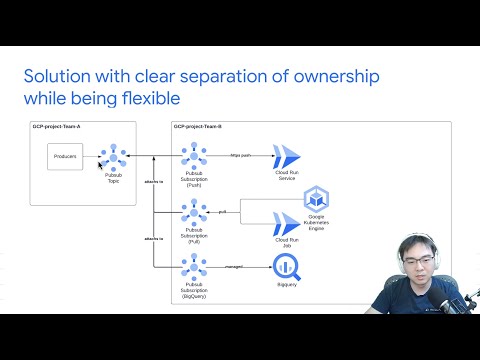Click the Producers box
tap(64, 156)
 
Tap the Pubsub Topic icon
tap(114, 157)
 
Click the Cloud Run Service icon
tap(287, 156)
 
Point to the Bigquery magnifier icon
tap(287, 266)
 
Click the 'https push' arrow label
tap(240, 154)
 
